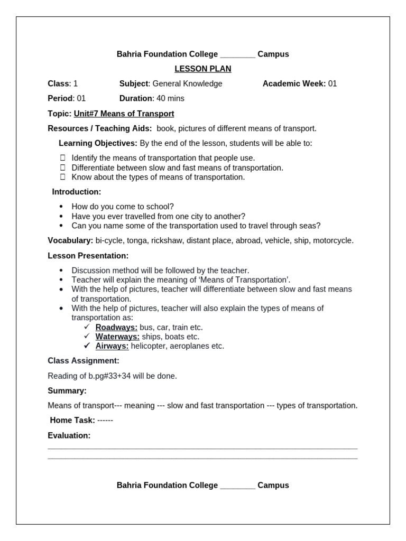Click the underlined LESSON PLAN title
tap(203, 69)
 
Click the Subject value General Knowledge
tap(187, 83)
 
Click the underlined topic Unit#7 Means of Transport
tap(124, 114)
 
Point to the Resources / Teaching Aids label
tap(100, 128)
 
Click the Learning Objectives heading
tap(98, 143)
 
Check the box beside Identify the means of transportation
tap(62, 157)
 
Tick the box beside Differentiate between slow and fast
tap(62, 167)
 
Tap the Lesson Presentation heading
tap(88, 256)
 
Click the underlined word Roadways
tap(116, 327)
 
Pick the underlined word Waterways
tap(117, 337)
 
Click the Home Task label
tap(72, 421)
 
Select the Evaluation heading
tap(69, 435)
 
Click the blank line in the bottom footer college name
tap(237, 486)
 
